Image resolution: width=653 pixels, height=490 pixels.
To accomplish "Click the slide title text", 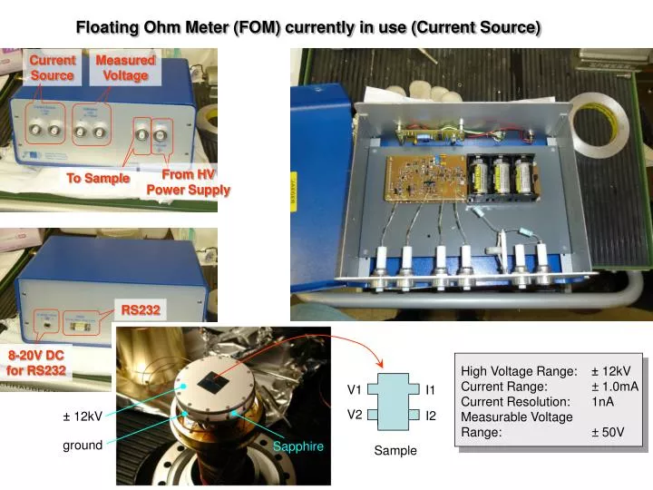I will tap(307, 27).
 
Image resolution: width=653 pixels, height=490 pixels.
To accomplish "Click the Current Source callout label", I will tap(53, 68).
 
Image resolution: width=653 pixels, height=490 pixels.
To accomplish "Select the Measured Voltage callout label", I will tap(125, 68).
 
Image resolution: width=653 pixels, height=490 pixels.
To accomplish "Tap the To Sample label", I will tap(98, 178).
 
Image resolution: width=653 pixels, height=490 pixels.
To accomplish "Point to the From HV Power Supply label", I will tap(189, 182).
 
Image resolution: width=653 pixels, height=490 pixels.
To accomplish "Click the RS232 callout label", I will tap(141, 310).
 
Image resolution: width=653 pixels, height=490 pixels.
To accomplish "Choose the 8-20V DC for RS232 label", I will tap(37, 363).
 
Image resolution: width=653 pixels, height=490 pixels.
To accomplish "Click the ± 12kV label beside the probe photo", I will tap(82, 416).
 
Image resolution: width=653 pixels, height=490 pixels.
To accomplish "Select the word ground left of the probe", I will tap(82, 446).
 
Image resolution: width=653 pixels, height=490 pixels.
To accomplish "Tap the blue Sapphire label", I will tap(297, 446).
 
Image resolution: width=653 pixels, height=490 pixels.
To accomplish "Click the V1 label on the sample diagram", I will tap(355, 390).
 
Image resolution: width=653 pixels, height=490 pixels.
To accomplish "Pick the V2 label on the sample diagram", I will tap(355, 415).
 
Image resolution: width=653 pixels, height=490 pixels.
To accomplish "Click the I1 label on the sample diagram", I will tap(432, 390).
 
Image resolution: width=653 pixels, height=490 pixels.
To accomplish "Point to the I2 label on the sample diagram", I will tap(432, 416).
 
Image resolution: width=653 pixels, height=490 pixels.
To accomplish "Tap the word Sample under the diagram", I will tap(395, 450).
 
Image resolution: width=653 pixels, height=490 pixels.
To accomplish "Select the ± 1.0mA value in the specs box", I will tap(614, 386).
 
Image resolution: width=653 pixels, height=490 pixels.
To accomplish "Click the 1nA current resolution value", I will tap(602, 401).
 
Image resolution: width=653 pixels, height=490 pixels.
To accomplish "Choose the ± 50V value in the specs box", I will tap(608, 432).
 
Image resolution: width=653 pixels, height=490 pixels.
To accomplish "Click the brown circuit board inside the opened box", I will tap(423, 179).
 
